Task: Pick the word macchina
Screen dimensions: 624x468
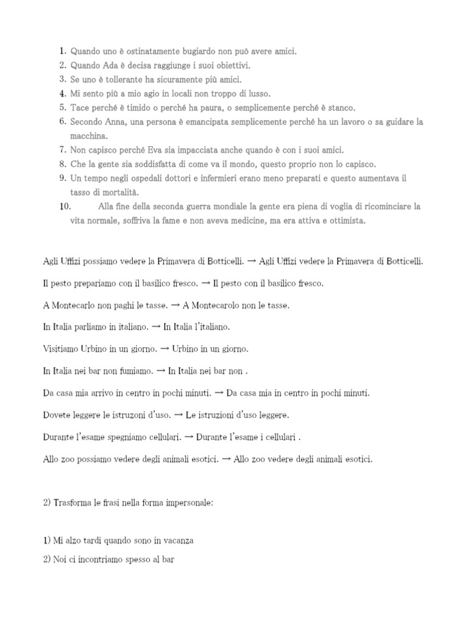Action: (x=89, y=136)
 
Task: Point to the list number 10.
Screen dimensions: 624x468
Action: (x=65, y=207)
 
